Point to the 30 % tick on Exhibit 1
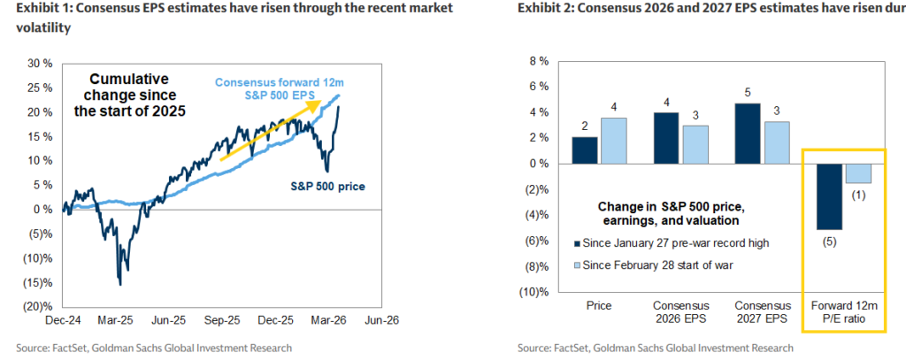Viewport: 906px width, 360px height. coord(40,64)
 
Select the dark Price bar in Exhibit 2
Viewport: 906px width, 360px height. coord(585,150)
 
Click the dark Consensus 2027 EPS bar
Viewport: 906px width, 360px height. coord(748,134)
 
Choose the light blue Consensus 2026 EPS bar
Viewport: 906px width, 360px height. coord(695,144)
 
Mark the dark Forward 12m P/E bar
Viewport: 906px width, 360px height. coord(829,196)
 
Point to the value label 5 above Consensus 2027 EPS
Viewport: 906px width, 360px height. coord(748,92)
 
